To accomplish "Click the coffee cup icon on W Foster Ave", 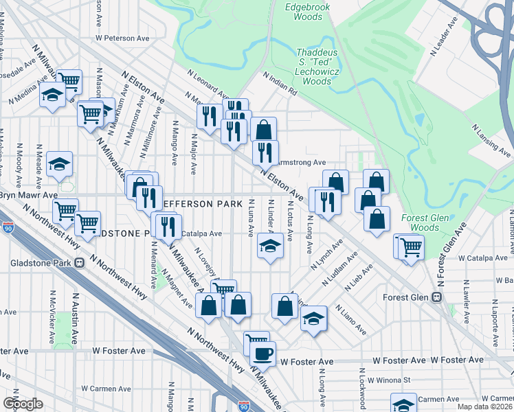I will coord(262,354).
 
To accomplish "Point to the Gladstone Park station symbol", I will coord(80,262).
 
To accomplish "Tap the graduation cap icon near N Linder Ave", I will coord(270,245).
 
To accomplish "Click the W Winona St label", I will coord(388,379).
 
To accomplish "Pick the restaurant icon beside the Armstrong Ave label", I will coord(265,152).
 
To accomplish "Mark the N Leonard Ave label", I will coord(207,82).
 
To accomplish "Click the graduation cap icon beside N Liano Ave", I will coord(314,318).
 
